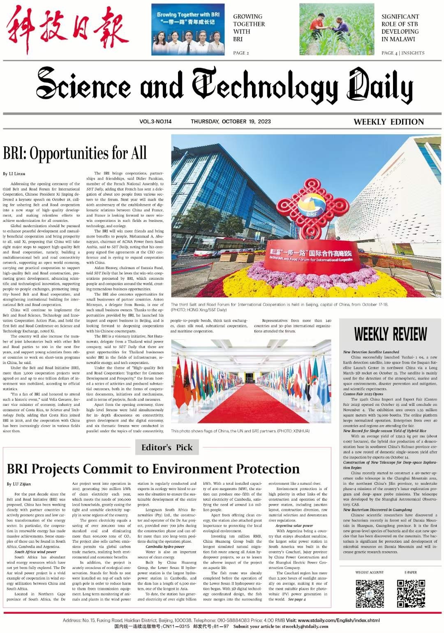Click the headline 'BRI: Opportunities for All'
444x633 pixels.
[x=75, y=153]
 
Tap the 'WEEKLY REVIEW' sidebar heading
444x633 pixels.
[x=390, y=334]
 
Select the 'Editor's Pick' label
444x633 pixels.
[x=166, y=447]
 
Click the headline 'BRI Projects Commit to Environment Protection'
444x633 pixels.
[x=153, y=469]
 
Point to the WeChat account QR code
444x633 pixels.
[x=370, y=593]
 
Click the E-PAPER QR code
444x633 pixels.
[x=411, y=593]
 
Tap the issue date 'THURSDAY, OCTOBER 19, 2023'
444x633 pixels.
[x=231, y=121]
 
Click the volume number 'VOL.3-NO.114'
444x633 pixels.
[x=155, y=121]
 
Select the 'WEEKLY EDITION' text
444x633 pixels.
[x=388, y=122]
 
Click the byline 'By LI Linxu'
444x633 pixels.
[x=14, y=174]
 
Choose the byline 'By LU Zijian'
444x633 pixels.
[x=18, y=484]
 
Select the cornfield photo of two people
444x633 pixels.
[x=337, y=30]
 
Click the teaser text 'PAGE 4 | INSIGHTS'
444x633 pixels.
[x=403, y=53]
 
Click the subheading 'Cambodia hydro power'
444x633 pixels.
[x=165, y=547]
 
